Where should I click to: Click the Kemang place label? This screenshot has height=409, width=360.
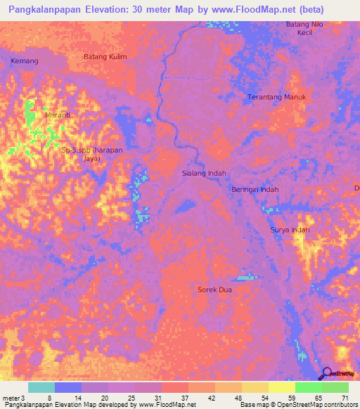point(25,61)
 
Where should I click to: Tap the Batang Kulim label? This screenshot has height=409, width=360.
point(104,57)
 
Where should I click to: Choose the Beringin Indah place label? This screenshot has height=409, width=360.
point(255,190)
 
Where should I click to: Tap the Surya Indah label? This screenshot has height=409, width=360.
point(290,230)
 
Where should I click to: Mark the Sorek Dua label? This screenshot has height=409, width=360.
point(214,289)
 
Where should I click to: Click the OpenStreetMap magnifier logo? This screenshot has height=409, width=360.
point(327,374)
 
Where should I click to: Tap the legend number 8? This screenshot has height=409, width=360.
point(49,398)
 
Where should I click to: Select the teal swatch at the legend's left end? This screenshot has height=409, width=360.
point(41,387)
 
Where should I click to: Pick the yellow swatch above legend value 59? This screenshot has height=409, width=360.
point(281,387)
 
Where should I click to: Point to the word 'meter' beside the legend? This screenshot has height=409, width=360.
point(11,398)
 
